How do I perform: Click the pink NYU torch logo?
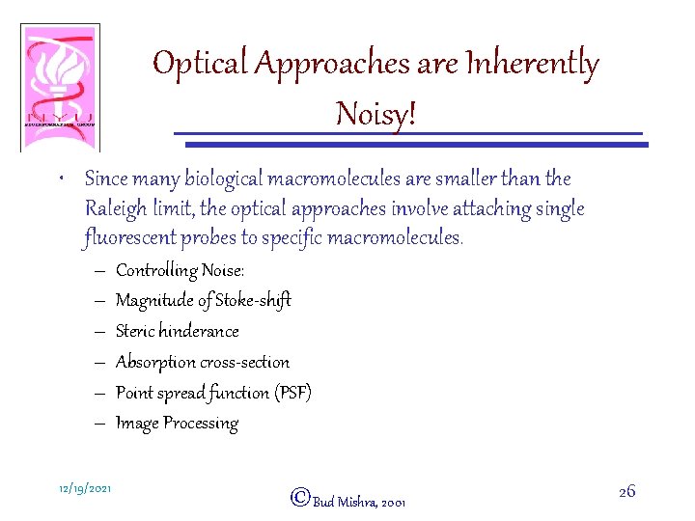point(60,87)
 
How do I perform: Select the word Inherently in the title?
point(533,65)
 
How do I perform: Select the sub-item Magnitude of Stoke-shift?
point(203,300)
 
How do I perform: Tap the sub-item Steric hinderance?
point(177,331)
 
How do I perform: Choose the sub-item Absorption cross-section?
point(202,362)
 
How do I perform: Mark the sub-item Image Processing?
point(177,423)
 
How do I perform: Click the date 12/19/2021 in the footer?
point(83,489)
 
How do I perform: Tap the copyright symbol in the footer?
point(299,497)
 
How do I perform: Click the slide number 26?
point(626,491)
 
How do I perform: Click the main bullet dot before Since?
point(62,179)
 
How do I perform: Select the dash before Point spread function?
point(99,393)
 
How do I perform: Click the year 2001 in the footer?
point(394,503)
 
